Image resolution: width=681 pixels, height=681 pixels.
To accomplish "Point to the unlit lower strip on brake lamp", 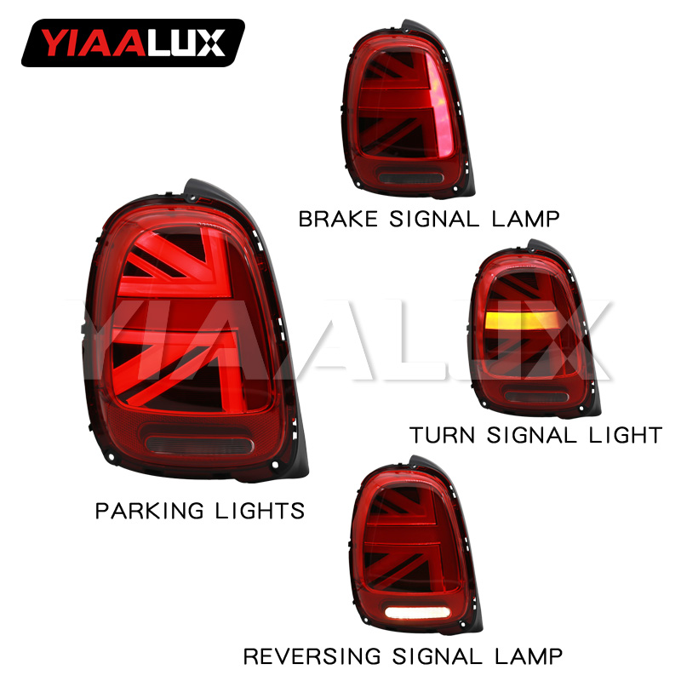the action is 409,177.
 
